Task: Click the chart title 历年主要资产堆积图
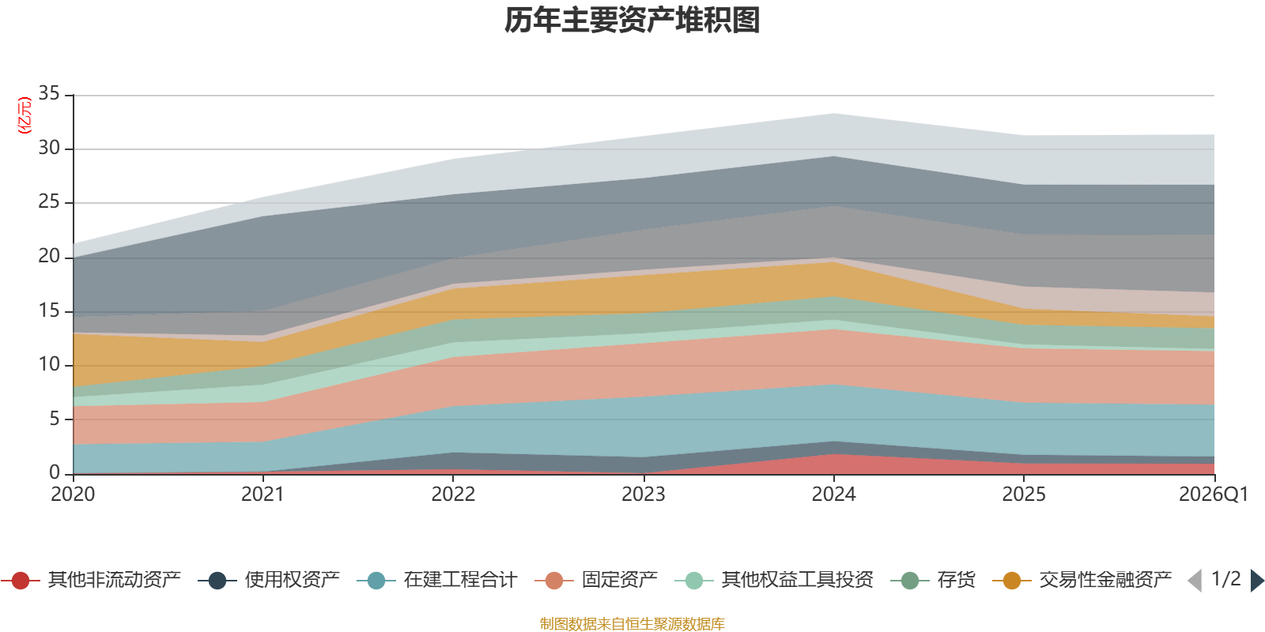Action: pos(632,21)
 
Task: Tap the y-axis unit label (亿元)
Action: pos(25,115)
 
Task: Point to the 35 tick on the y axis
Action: pos(49,93)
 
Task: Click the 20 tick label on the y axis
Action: pos(49,256)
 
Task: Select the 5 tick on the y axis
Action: pos(54,419)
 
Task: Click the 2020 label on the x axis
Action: pos(73,495)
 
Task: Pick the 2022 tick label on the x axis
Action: pos(453,495)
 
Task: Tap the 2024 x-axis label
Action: pos(833,495)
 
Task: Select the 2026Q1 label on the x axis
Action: pos(1213,495)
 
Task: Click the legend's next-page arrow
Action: pos(1257,581)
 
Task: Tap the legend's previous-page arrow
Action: pos(1195,581)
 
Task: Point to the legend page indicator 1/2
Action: pos(1225,579)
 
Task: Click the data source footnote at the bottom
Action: pos(632,624)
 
